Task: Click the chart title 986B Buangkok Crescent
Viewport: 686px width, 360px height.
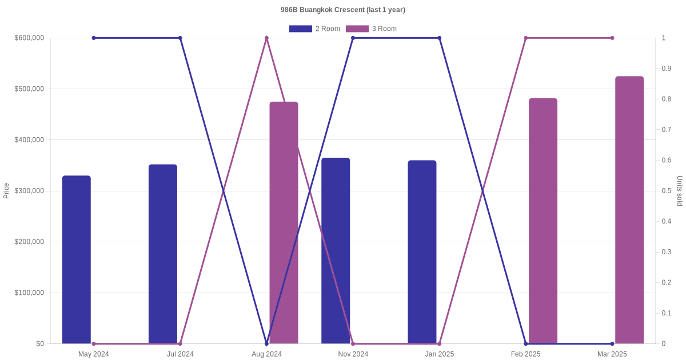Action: tap(342, 10)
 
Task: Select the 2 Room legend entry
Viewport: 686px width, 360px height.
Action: tap(314, 29)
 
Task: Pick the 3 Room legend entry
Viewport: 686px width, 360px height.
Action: tap(371, 29)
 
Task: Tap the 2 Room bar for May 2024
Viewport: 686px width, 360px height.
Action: tap(77, 260)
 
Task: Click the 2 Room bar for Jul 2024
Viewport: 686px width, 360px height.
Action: tap(163, 254)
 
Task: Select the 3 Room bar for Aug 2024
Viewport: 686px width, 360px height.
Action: tap(284, 223)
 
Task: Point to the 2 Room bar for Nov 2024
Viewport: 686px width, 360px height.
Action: tap(336, 251)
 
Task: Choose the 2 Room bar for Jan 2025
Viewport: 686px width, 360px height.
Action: tap(422, 252)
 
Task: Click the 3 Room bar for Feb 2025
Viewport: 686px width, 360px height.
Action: tap(543, 221)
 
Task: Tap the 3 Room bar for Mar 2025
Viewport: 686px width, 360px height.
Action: tap(629, 210)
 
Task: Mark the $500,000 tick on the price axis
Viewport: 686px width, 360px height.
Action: tap(29, 89)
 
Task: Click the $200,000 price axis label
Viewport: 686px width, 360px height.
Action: tap(29, 242)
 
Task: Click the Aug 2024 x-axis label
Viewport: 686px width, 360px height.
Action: tap(266, 354)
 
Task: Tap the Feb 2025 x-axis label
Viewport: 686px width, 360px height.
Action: tap(525, 354)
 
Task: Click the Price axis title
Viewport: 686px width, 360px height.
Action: tap(6, 191)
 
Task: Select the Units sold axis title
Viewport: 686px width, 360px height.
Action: tap(680, 191)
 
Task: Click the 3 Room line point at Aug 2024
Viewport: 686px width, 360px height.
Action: tap(266, 38)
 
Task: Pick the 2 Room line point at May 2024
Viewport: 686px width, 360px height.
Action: tap(94, 38)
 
